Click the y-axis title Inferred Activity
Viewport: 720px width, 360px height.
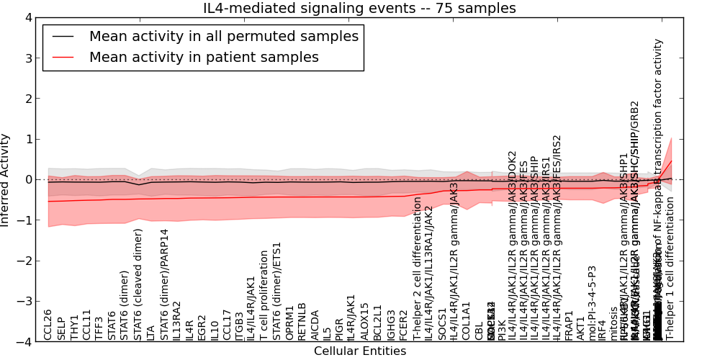click(x=6, y=180)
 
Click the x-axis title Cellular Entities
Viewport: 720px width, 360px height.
click(x=360, y=351)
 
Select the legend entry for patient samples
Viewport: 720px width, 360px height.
click(x=204, y=57)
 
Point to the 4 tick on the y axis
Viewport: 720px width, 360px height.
click(x=27, y=17)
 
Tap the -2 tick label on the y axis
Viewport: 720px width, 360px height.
click(x=23, y=261)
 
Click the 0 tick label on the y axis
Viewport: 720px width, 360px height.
click(x=27, y=179)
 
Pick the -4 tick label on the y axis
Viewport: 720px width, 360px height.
click(x=23, y=342)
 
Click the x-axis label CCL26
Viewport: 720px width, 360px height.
click(x=48, y=325)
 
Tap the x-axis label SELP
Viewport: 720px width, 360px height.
click(x=61, y=328)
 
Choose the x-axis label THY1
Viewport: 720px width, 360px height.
click(x=74, y=328)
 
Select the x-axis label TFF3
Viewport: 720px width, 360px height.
click(x=99, y=328)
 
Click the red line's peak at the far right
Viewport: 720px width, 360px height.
click(x=671, y=160)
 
